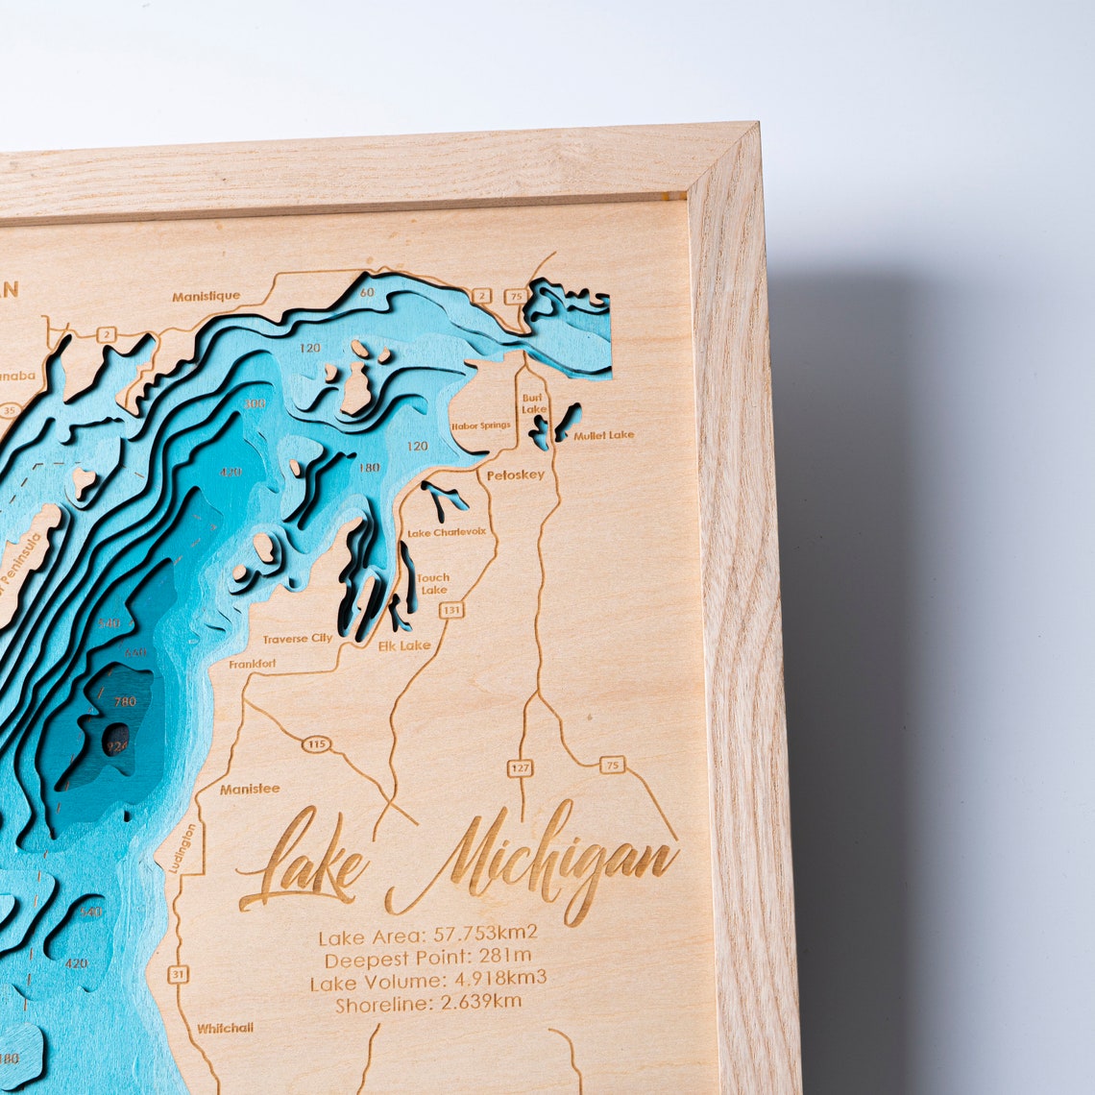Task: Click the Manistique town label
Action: [206, 296]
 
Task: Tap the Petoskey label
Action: [515, 474]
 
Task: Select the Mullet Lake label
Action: [604, 435]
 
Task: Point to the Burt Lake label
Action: [533, 403]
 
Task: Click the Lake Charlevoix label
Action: [447, 532]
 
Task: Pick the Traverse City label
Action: [298, 638]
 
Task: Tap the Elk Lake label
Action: [404, 645]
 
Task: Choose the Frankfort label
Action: [252, 664]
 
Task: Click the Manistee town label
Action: [250, 789]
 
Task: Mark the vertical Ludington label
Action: [182, 847]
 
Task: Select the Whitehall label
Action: [226, 1028]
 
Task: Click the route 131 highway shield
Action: [451, 609]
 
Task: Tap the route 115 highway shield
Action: [316, 743]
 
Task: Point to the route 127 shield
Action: [520, 767]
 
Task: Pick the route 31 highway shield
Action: [178, 974]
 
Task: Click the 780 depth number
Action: [125, 701]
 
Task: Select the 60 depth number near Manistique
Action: [367, 292]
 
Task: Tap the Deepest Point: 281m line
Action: [427, 958]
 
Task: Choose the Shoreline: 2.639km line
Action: [428, 1004]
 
